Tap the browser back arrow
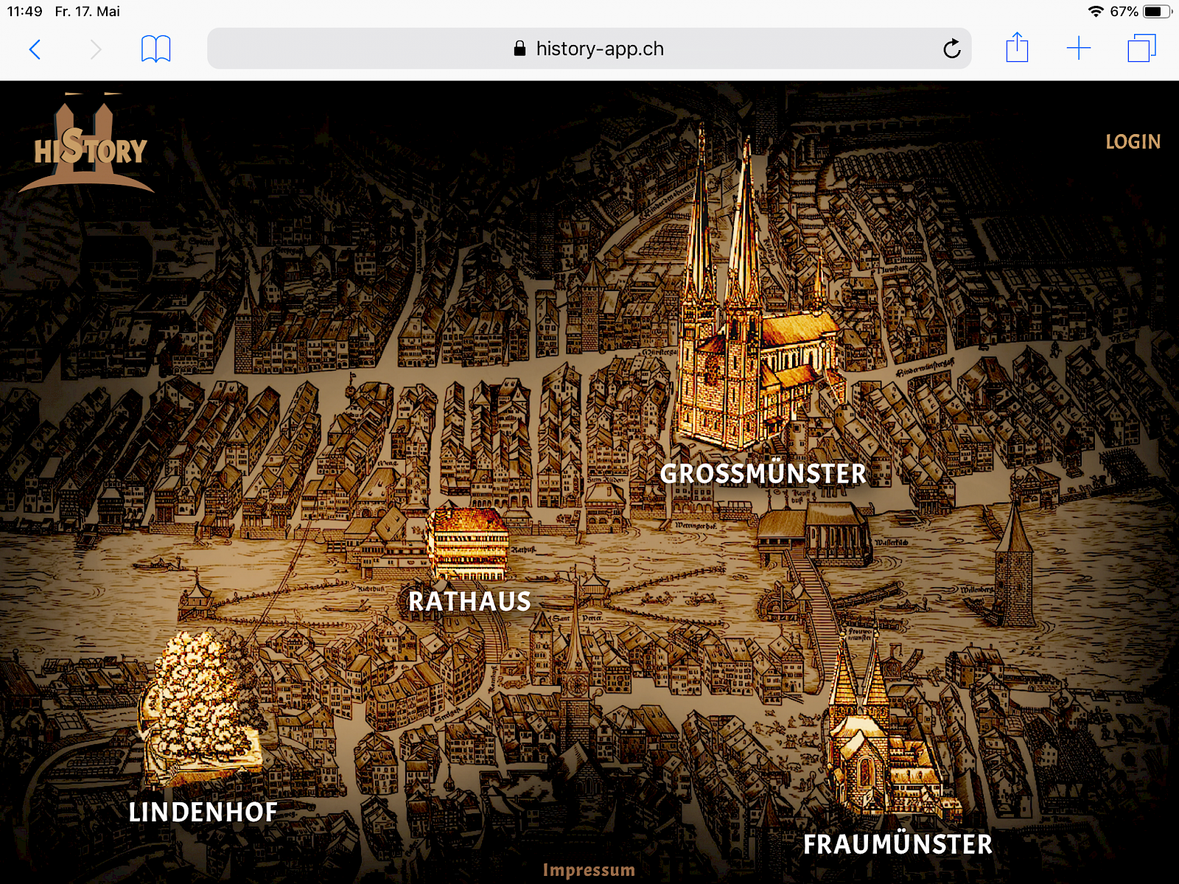[35, 49]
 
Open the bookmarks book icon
[155, 49]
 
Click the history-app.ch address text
[599, 49]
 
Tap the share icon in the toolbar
[1017, 48]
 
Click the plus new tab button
[1078, 49]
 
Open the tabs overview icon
[1141, 49]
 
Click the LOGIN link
[1133, 141]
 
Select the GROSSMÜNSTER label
[763, 474]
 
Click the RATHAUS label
[469, 601]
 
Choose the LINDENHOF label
[203, 812]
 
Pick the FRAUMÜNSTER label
[898, 844]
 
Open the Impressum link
[589, 870]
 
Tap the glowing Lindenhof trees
[199, 704]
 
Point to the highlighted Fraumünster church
[881, 744]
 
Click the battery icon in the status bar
[1156, 11]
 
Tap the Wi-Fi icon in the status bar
[1096, 11]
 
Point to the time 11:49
[25, 11]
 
